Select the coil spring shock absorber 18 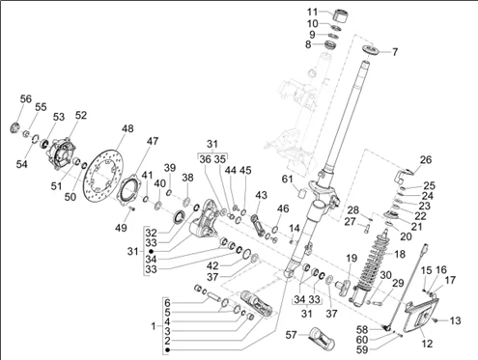pos(371,266)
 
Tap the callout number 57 pos(292,335)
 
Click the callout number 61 pos(288,180)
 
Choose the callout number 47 pos(154,141)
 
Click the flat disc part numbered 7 pos(370,50)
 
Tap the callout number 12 pos(427,344)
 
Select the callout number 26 pos(426,159)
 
